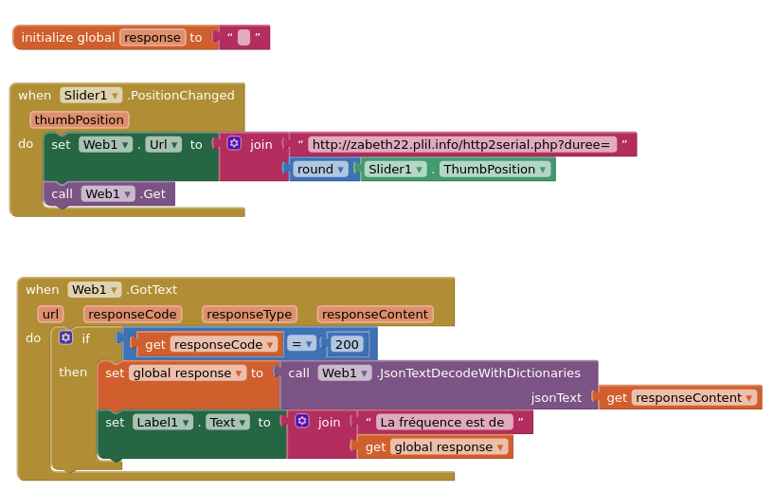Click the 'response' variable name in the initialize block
tap(153, 37)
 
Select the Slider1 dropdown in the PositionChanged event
tap(91, 95)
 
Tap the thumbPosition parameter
tap(80, 119)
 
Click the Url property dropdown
tap(163, 144)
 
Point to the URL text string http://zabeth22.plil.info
tap(461, 144)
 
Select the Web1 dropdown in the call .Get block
tap(107, 193)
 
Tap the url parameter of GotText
tap(51, 314)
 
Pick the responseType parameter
tap(249, 314)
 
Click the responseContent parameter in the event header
tap(375, 314)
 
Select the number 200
tap(348, 344)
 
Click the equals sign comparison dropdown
tap(301, 343)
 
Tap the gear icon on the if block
tap(65, 337)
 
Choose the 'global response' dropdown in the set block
tap(188, 373)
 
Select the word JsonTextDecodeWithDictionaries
tap(478, 373)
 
